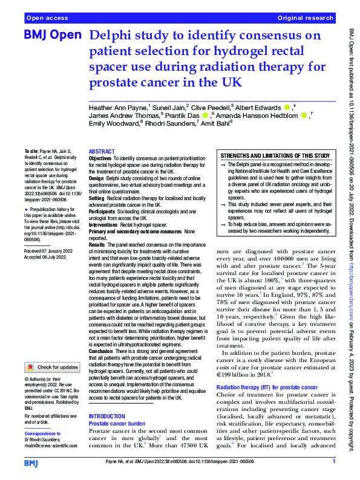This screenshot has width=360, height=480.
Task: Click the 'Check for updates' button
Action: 52,367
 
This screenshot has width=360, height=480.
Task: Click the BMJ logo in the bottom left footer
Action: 33,462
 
